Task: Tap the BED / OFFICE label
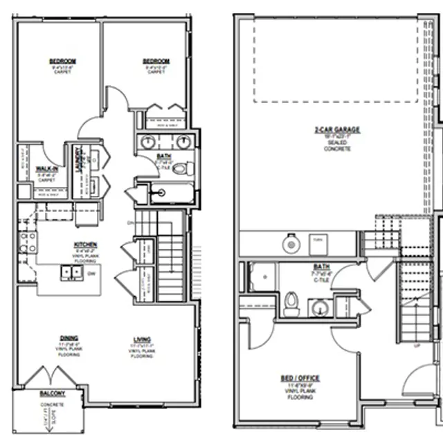[300, 378]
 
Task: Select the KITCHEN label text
[86, 244]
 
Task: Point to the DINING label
[69, 338]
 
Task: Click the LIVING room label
[143, 339]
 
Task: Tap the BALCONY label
[52, 392]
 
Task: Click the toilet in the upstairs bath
[179, 168]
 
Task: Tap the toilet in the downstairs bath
[291, 302]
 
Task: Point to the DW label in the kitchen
[92, 273]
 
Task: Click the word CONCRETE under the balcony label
[52, 404]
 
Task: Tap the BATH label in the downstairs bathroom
[322, 266]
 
